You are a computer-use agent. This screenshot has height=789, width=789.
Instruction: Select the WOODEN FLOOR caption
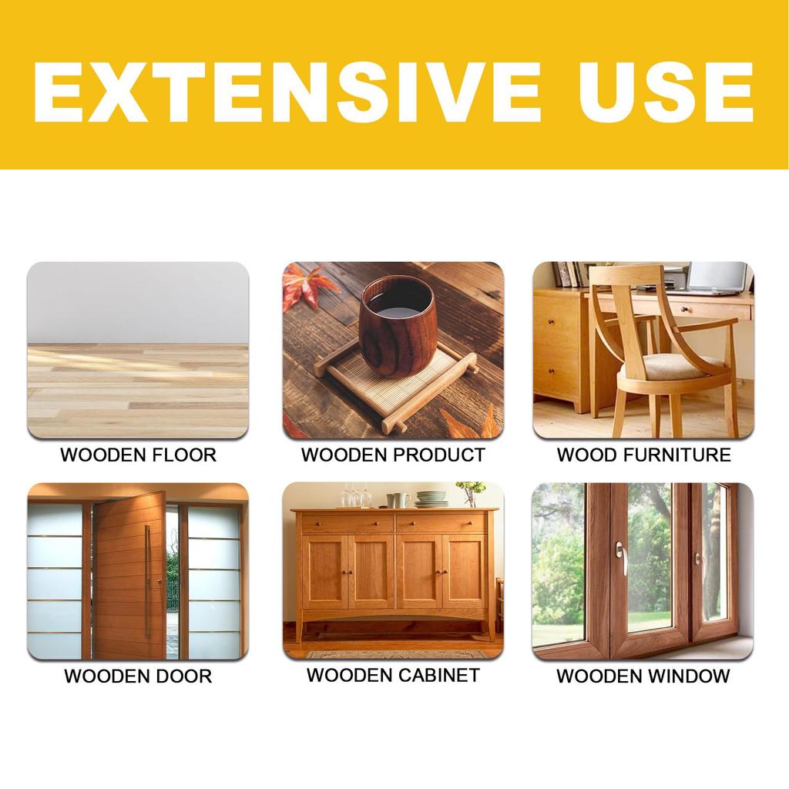pyautogui.click(x=139, y=455)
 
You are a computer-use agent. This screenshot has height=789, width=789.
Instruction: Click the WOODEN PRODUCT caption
pyautogui.click(x=393, y=455)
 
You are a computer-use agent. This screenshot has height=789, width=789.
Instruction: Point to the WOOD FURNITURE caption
pyautogui.click(x=643, y=455)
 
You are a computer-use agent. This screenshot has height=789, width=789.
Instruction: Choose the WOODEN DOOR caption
pyautogui.click(x=138, y=677)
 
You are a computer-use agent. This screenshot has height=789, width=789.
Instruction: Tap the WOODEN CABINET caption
pyautogui.click(x=393, y=675)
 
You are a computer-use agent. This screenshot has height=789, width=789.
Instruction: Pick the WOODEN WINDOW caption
pyautogui.click(x=643, y=677)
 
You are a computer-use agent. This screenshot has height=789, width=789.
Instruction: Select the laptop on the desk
pyautogui.click(x=717, y=279)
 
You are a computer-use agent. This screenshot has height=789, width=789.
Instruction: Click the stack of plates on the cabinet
pyautogui.click(x=431, y=499)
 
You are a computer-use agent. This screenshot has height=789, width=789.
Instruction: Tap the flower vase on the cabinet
pyautogui.click(x=469, y=494)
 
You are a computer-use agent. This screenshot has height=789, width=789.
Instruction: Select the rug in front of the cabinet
pyautogui.click(x=397, y=654)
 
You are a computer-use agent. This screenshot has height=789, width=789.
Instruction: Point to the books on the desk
pyautogui.click(x=568, y=274)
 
